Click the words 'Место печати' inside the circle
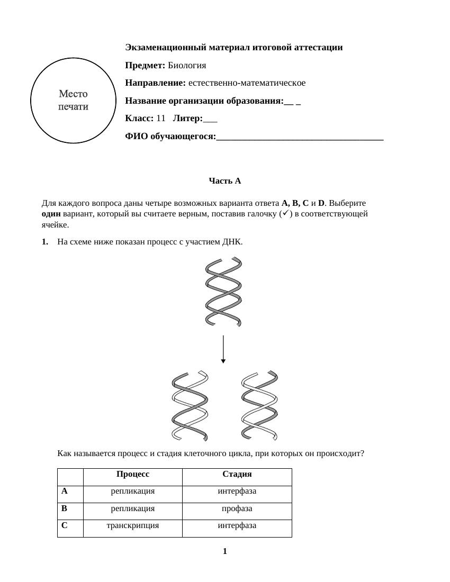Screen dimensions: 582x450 pyautogui.click(x=73, y=100)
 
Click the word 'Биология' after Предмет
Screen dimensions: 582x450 pyautogui.click(x=187, y=66)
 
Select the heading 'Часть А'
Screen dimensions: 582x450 pyautogui.click(x=224, y=181)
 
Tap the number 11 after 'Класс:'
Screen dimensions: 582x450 pyautogui.click(x=161, y=119)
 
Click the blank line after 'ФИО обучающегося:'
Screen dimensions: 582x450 pyautogui.click(x=300, y=137)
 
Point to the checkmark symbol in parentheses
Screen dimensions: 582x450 pyautogui.click(x=286, y=214)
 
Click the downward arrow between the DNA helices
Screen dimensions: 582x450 pyautogui.click(x=223, y=349)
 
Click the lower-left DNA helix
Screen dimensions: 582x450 pyautogui.click(x=190, y=406)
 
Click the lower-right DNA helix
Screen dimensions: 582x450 pyautogui.click(x=259, y=406)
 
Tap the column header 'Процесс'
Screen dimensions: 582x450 pyautogui.click(x=133, y=474)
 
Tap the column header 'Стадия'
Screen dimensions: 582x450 pyautogui.click(x=237, y=474)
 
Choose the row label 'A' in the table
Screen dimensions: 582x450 pyautogui.click(x=65, y=491)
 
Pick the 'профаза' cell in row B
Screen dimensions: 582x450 pyautogui.click(x=237, y=508)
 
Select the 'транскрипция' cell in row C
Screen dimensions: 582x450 pyautogui.click(x=133, y=525)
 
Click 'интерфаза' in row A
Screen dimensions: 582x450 pyautogui.click(x=237, y=491)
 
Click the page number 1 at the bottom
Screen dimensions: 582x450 pyautogui.click(x=225, y=551)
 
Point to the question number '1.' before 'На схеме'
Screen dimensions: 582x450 pyautogui.click(x=45, y=242)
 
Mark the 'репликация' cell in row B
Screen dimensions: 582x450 pyautogui.click(x=133, y=508)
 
